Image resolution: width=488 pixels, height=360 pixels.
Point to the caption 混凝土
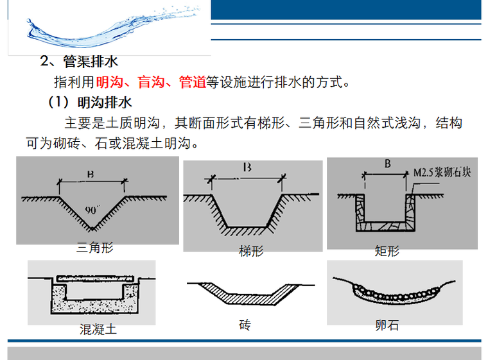click(98, 330)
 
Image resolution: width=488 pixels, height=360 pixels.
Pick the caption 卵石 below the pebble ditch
click(387, 326)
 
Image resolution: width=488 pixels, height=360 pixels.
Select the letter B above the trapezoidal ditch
click(246, 169)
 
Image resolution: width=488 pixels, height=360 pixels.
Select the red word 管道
click(193, 82)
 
